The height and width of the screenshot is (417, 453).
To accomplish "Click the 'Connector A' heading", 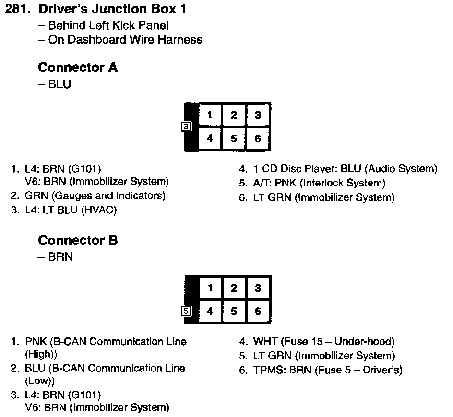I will point(77,68).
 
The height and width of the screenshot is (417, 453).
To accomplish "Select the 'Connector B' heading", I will point(77,240).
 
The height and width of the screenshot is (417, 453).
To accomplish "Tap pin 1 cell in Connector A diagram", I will point(210,115).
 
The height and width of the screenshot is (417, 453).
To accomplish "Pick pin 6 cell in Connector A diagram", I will point(258,139).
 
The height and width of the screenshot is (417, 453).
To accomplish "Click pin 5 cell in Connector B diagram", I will point(234,312).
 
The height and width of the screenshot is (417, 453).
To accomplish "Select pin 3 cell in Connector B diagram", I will point(258,288).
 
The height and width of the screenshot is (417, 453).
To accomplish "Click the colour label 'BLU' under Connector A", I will point(60,84).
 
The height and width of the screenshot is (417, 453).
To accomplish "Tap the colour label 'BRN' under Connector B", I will point(60,257).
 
